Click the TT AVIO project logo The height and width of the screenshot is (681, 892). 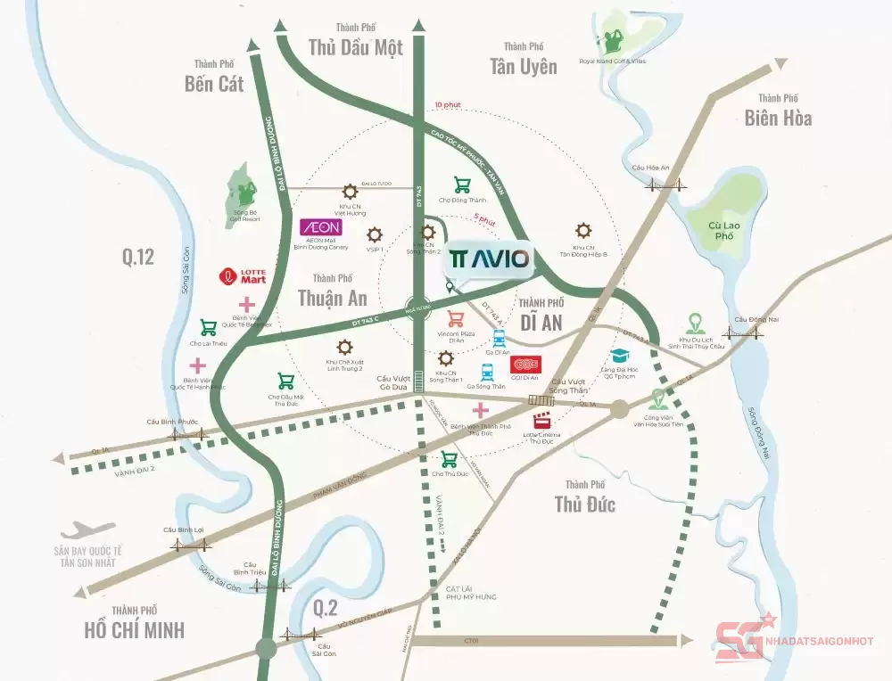click(x=490, y=260)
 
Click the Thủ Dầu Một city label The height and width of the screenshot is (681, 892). click(x=356, y=47)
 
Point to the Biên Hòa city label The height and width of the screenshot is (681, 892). click(x=779, y=117)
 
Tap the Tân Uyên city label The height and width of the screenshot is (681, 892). click(x=523, y=66)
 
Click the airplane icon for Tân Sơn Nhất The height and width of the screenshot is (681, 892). click(x=88, y=530)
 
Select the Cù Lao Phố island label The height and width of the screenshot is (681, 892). click(x=722, y=231)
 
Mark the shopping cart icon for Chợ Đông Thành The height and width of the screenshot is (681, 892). click(x=463, y=185)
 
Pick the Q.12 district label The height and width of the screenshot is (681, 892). click(x=138, y=258)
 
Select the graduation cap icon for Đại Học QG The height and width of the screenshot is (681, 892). click(x=619, y=356)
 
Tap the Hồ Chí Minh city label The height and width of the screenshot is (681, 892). click(x=135, y=629)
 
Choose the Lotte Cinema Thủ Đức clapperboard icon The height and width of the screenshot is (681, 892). click(x=541, y=422)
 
